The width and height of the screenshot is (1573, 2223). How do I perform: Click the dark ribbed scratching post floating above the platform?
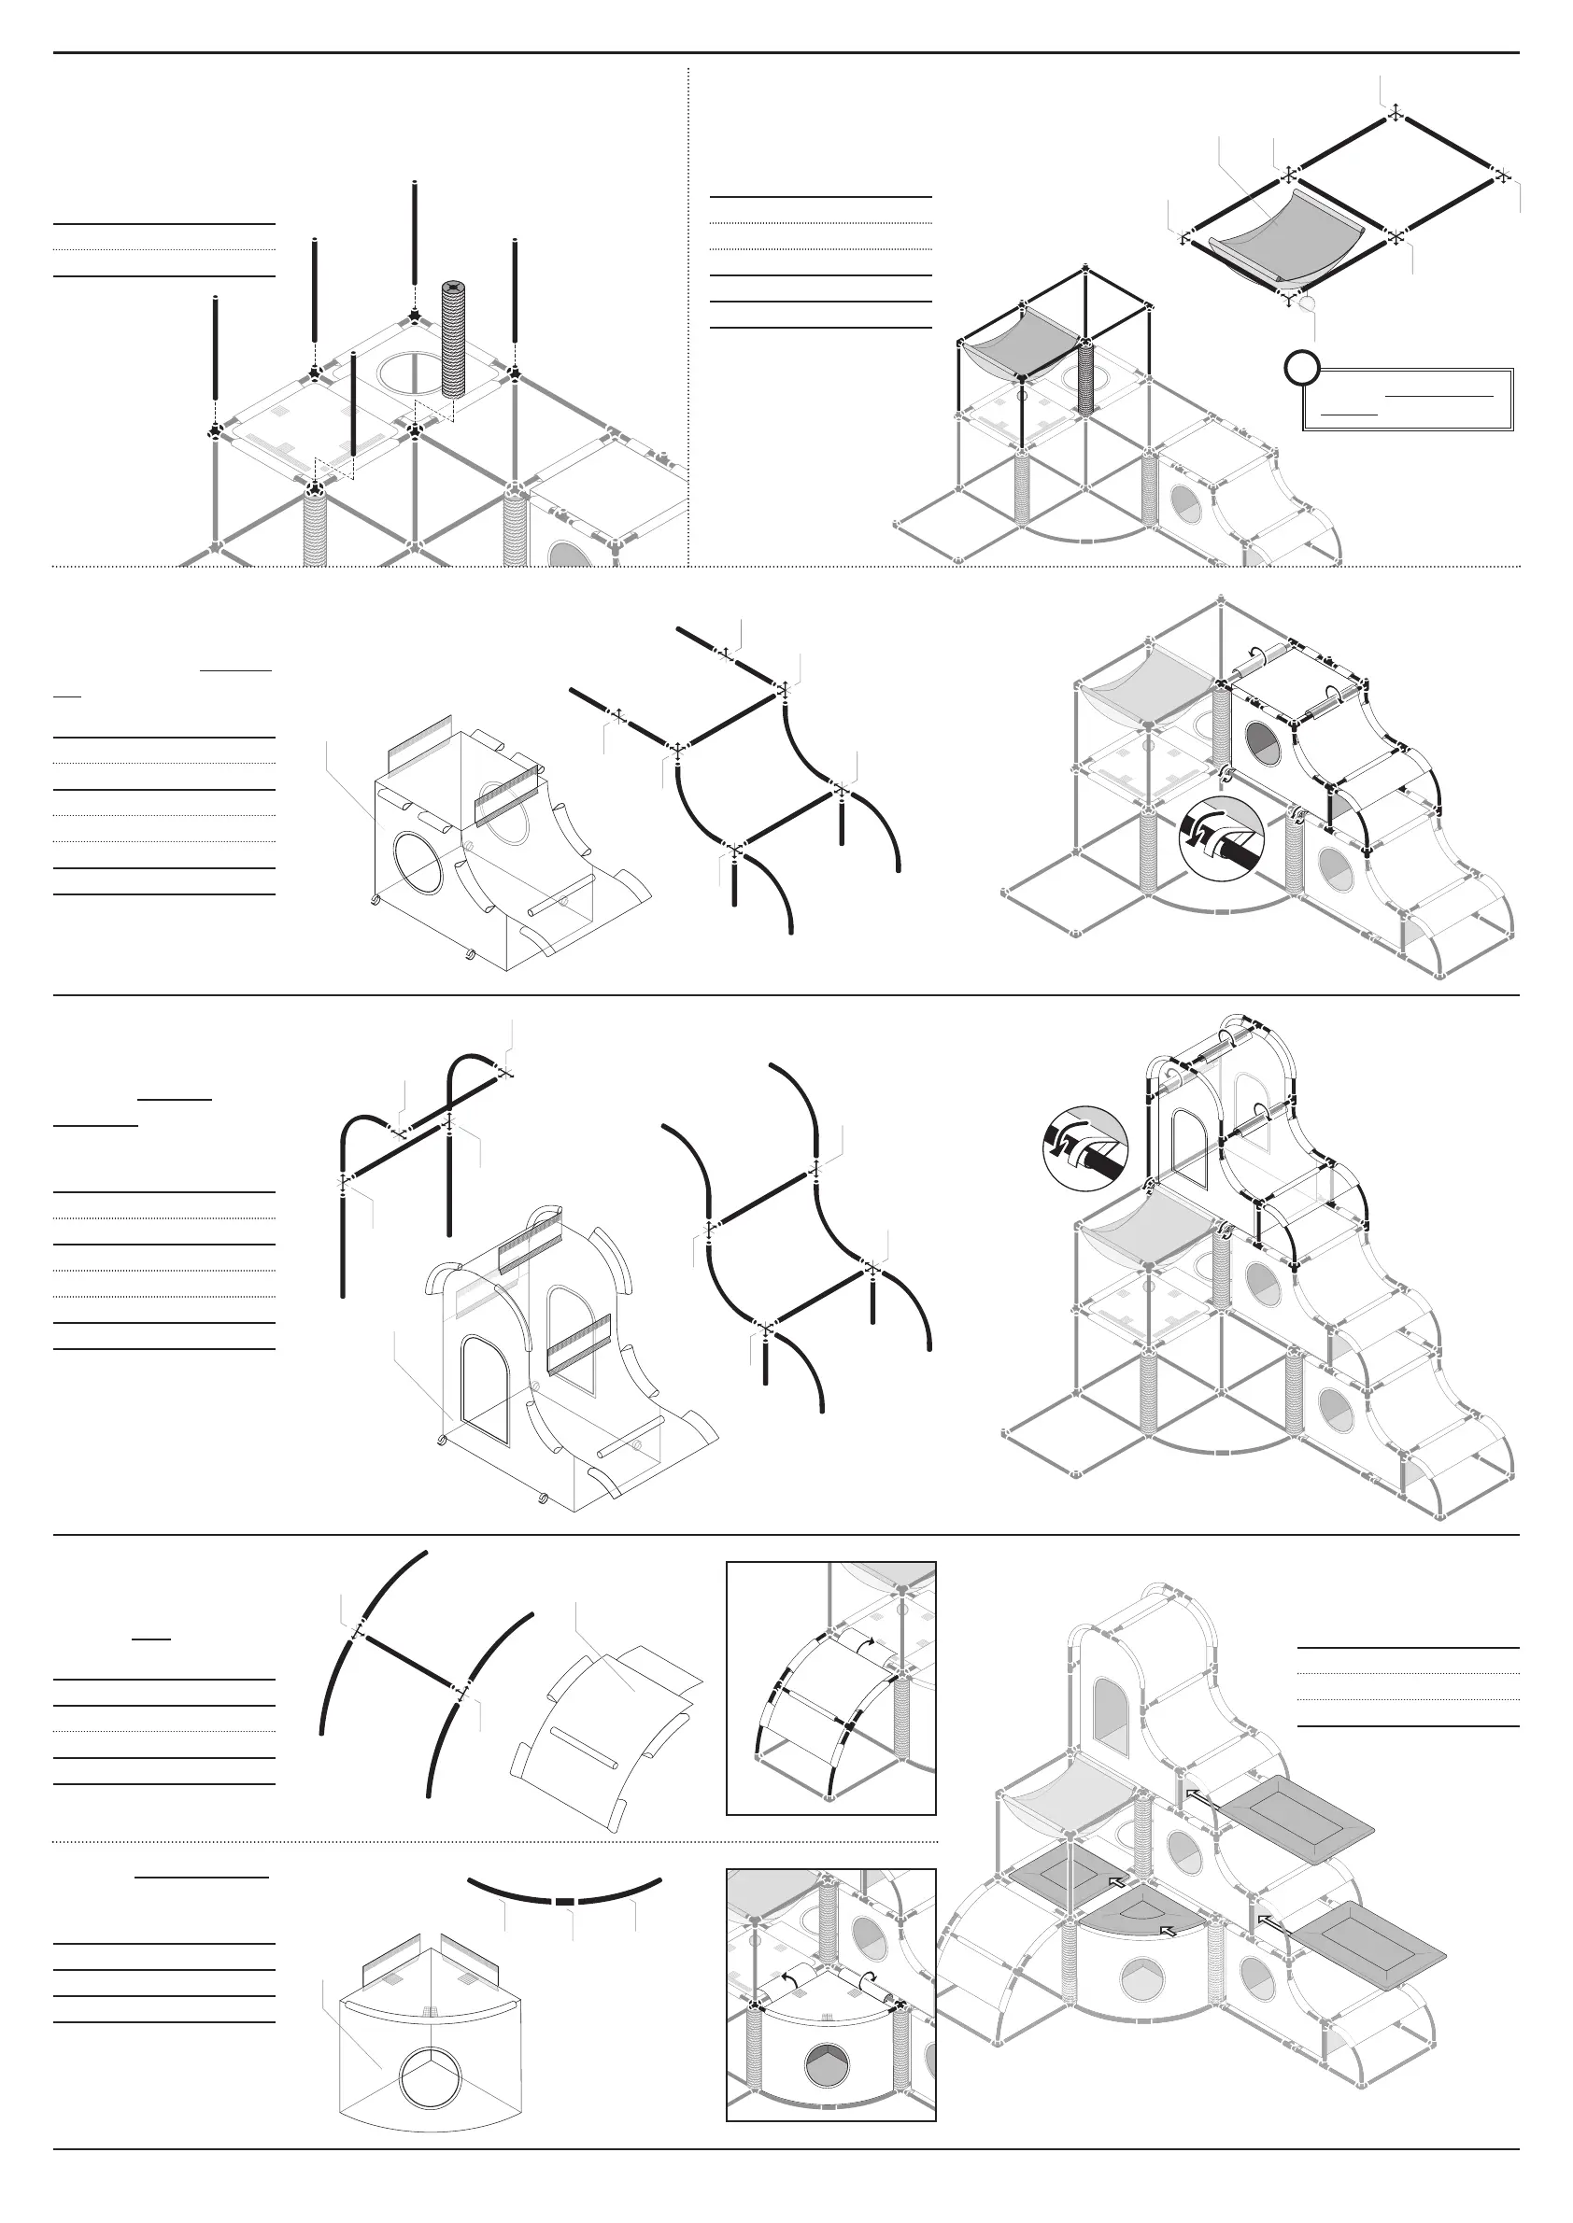point(454,339)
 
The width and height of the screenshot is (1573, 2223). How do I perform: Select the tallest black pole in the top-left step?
point(415,242)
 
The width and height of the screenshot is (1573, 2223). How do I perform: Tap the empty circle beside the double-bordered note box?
point(1303,369)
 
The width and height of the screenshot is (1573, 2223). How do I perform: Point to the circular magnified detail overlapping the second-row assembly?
point(1222,838)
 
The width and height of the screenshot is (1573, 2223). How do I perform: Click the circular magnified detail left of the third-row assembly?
point(1084,1148)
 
